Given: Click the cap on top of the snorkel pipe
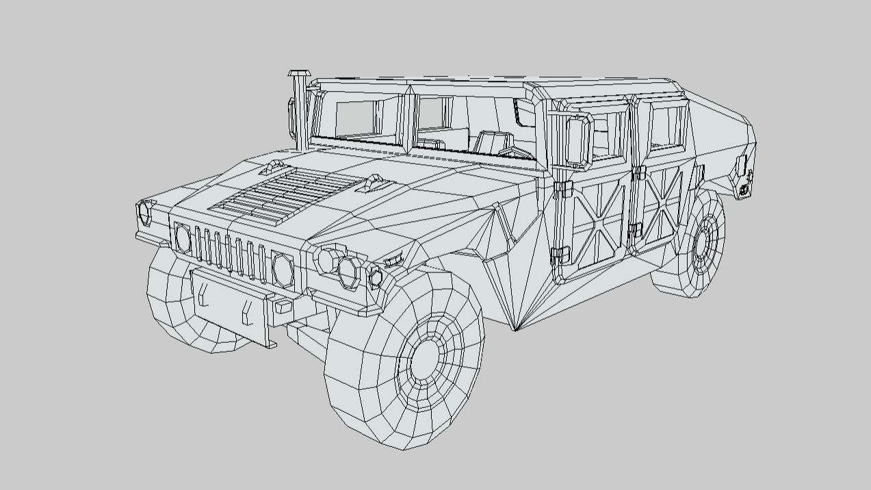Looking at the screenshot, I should pyautogui.click(x=299, y=73).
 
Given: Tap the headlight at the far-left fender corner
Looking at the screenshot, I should pyautogui.click(x=145, y=212).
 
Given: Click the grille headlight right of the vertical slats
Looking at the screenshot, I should pyautogui.click(x=283, y=269).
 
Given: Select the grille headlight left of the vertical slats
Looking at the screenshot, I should pyautogui.click(x=183, y=237).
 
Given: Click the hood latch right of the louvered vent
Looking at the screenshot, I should pyautogui.click(x=375, y=181).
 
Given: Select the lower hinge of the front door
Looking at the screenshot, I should pyautogui.click(x=559, y=254).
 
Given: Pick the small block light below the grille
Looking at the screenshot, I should pyautogui.click(x=283, y=307).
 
